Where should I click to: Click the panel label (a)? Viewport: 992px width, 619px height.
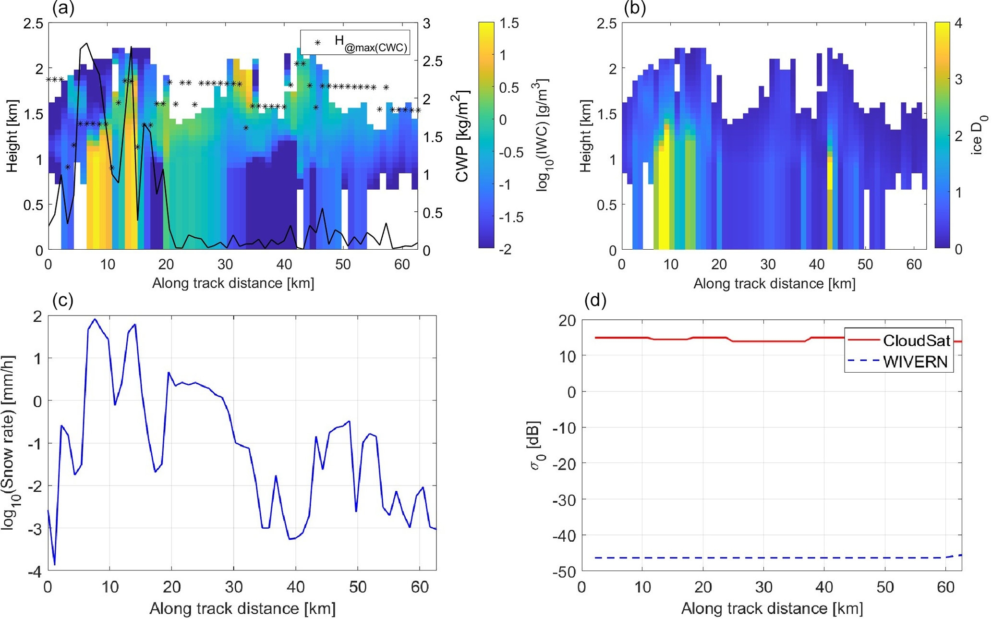click(63, 9)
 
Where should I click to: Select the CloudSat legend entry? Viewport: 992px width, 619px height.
click(916, 340)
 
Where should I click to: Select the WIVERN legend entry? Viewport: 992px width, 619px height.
click(915, 362)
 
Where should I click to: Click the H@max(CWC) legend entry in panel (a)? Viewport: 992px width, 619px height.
click(370, 43)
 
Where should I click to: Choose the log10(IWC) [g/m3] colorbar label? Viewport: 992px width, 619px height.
click(542, 135)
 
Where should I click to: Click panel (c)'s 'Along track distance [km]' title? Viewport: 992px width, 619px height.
click(242, 609)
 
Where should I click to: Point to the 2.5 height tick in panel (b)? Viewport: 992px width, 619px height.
click(606, 24)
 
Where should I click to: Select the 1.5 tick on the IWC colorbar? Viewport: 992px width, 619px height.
click(509, 23)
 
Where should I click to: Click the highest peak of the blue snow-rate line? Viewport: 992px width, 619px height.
click(95, 319)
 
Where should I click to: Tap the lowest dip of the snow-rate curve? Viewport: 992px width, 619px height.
click(55, 565)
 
